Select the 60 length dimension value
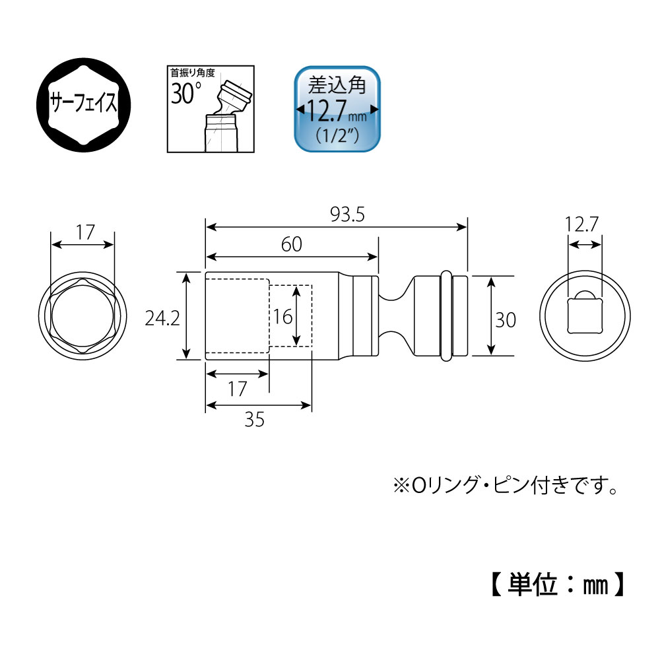click(x=292, y=244)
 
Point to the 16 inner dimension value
click(x=282, y=317)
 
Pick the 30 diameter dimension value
click(x=506, y=319)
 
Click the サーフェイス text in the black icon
click(x=84, y=104)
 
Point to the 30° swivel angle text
click(x=186, y=93)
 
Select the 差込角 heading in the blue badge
click(x=337, y=86)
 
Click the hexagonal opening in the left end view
click(x=82, y=319)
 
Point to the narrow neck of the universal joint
click(x=395, y=317)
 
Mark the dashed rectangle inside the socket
click(x=290, y=315)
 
